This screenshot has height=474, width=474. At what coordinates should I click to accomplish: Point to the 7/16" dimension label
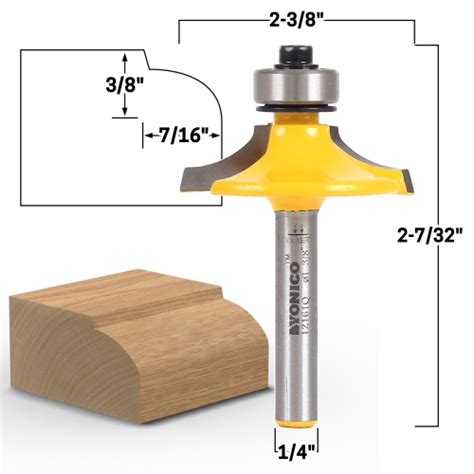[181, 133]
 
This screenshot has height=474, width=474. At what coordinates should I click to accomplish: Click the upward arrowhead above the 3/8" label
[124, 59]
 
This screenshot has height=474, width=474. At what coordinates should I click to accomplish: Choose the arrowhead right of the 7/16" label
[215, 133]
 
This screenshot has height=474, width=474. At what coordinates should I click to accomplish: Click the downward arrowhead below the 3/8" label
[124, 113]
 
